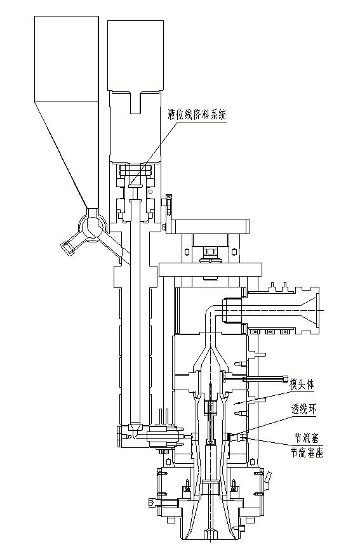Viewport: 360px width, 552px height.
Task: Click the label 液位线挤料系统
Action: pos(197,115)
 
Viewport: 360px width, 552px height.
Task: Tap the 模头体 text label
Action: pos(301,384)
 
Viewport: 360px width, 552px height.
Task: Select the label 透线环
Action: pos(303,409)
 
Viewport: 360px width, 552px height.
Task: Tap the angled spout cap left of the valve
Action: pos(67,248)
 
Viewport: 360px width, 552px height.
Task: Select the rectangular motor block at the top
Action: pos(136,55)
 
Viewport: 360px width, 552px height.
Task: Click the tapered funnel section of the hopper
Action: pos(66,155)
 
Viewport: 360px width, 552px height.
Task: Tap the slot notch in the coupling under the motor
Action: pos(136,103)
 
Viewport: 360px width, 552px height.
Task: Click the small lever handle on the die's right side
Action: pos(269,477)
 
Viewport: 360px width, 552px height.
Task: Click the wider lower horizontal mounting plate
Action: pos(211,270)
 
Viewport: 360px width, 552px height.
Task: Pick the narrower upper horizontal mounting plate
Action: pos(210,226)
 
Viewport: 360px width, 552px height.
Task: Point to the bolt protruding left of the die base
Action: pos(152,503)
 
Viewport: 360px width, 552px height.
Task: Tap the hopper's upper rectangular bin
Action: pos(66,59)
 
